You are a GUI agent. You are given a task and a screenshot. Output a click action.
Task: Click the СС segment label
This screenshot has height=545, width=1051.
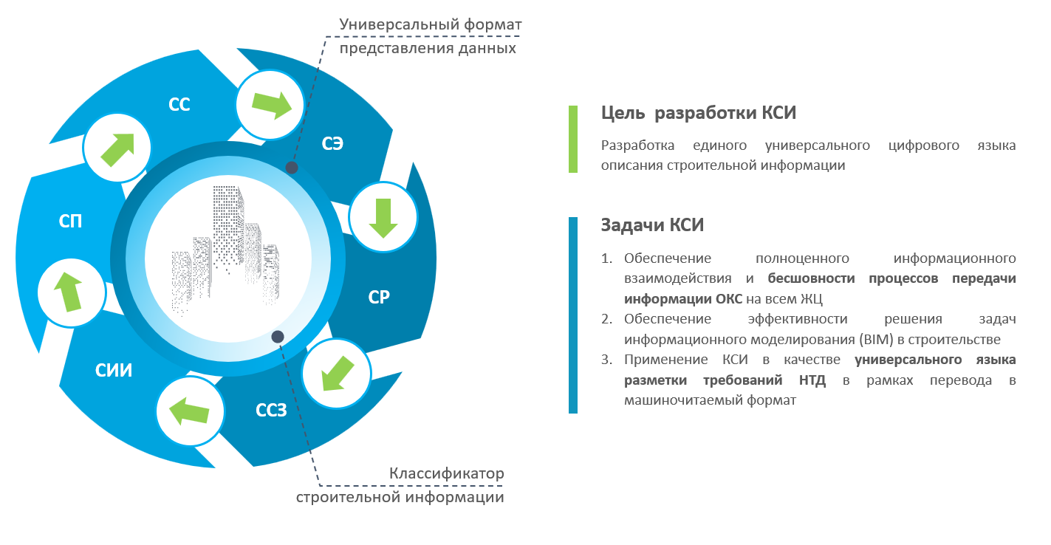(179, 104)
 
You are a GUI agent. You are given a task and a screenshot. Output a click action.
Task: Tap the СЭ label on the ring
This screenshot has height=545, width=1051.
(332, 143)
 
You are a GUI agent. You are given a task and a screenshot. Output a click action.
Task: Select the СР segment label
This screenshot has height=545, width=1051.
(379, 297)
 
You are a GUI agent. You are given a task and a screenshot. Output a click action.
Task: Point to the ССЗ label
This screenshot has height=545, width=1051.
(271, 411)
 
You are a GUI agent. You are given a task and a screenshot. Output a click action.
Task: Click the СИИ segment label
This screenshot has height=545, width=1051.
(114, 371)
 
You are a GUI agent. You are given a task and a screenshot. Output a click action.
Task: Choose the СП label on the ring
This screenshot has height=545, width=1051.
(70, 221)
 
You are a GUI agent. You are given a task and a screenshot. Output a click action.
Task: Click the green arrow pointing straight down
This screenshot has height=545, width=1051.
(383, 218)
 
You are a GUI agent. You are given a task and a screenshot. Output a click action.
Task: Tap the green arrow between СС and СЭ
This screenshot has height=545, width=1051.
(272, 105)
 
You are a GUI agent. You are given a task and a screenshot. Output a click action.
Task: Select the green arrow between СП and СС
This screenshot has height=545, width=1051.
(117, 150)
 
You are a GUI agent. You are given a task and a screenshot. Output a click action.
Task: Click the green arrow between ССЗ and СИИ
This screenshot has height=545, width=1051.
(189, 411)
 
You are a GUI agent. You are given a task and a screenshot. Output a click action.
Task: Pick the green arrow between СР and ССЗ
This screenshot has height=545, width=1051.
(338, 374)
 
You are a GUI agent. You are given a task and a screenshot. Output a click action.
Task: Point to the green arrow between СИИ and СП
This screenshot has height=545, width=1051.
(69, 292)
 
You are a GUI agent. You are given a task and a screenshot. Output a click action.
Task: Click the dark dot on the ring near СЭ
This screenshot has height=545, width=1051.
(292, 168)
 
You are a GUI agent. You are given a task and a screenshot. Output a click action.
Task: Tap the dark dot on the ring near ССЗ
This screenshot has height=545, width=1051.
(278, 336)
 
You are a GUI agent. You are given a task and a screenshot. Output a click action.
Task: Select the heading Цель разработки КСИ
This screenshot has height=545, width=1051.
(699, 113)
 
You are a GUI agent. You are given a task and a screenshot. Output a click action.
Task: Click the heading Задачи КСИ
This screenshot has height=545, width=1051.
(652, 225)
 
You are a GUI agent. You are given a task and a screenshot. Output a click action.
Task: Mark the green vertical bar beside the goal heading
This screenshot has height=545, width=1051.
(573, 139)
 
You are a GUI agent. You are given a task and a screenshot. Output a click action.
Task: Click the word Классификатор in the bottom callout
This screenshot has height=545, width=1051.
(447, 473)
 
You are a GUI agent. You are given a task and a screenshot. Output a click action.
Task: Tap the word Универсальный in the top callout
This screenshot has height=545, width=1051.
(400, 24)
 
